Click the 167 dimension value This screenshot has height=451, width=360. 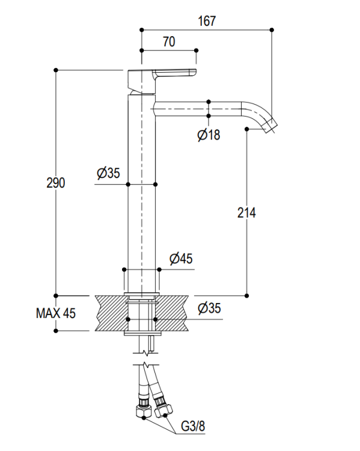point(207,21)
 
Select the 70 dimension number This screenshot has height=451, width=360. point(169,41)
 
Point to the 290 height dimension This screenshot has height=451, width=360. point(56,183)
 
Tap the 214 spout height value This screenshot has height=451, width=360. point(246,213)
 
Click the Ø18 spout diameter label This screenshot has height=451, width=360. point(209,135)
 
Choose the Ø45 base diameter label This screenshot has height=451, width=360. point(181,259)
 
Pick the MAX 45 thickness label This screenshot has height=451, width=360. point(56,313)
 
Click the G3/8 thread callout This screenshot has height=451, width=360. point(193,426)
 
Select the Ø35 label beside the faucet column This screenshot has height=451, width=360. point(108,173)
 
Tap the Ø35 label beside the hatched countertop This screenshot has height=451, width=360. point(209,308)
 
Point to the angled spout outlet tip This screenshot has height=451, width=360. point(271,127)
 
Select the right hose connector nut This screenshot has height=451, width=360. point(164,410)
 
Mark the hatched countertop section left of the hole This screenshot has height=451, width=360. point(111,313)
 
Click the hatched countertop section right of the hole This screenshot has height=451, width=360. point(172,313)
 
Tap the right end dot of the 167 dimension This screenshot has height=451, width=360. point(272,29)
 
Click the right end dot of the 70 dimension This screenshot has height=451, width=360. point(197,51)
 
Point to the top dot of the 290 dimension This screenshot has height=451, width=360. point(56,70)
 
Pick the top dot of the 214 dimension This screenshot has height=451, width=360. point(246,129)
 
